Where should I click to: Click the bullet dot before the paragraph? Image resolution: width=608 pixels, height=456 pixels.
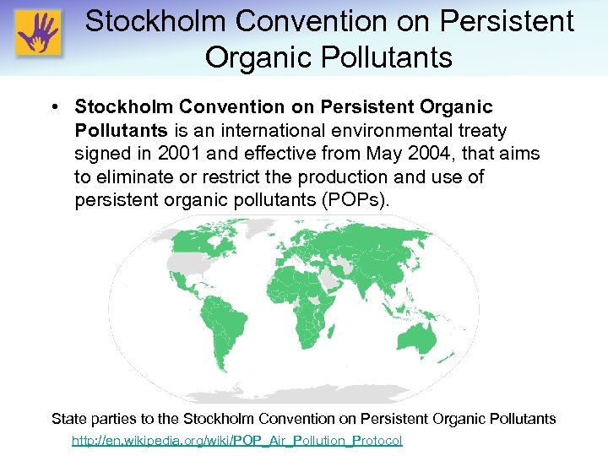(x=53, y=108)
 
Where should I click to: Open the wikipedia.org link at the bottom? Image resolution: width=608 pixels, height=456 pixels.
(x=236, y=441)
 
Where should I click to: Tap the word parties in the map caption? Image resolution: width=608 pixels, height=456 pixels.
(x=116, y=418)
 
